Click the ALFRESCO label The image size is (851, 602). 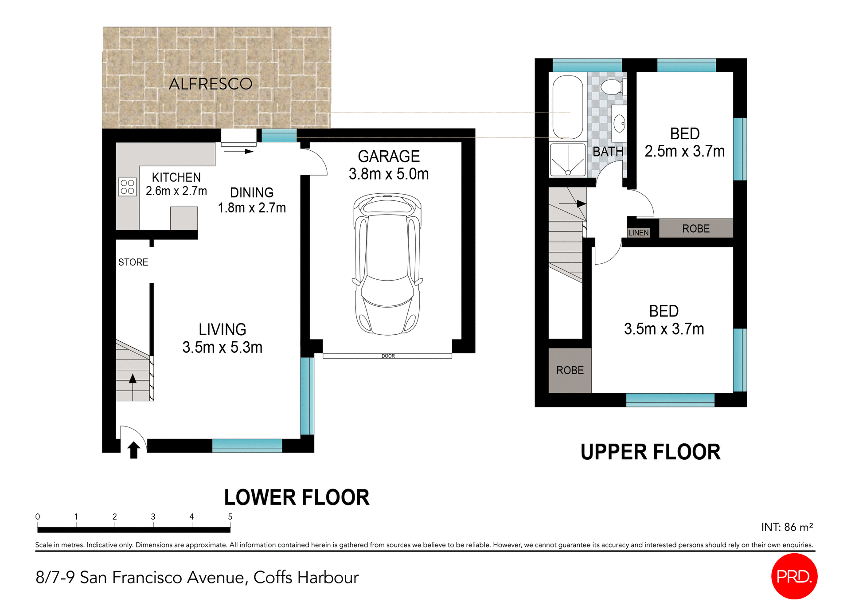[211, 84]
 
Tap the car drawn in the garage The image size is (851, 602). [387, 264]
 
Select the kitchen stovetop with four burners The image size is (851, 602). [127, 187]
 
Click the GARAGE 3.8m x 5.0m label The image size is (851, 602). [388, 165]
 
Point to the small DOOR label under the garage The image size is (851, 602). [388, 356]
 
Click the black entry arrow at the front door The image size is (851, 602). [133, 450]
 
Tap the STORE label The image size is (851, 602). [133, 262]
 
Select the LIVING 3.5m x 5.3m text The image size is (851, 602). [222, 338]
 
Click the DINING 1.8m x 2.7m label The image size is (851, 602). [251, 200]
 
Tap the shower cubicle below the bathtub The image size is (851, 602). [567, 160]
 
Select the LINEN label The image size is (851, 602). [638, 233]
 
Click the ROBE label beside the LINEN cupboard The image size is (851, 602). [695, 229]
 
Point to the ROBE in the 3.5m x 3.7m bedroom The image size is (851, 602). [570, 371]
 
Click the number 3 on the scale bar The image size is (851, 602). [153, 516]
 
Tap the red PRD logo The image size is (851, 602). [794, 576]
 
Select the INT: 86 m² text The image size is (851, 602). [787, 527]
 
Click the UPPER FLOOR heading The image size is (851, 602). [650, 452]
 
